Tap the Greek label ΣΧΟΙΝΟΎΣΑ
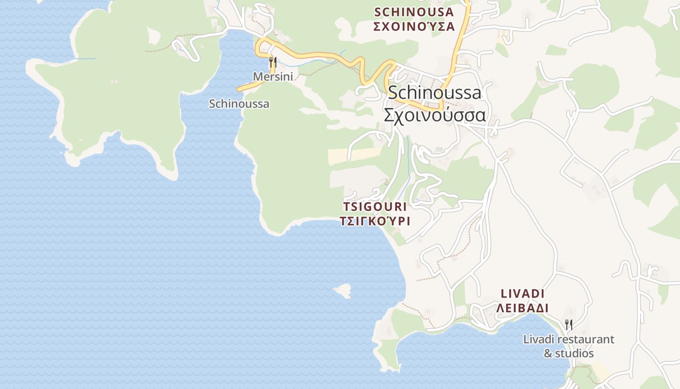point(414,26)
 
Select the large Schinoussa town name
point(435,92)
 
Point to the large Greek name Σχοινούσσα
point(435,115)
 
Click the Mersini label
point(272,77)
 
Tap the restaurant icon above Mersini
point(273,62)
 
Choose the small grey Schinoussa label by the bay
point(239,104)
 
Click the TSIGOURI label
point(374,207)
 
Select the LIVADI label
point(523,294)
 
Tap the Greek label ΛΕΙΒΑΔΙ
point(523,308)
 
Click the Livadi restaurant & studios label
point(569,346)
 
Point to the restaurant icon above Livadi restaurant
point(569,324)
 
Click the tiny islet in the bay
point(343,290)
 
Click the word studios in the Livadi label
point(576,354)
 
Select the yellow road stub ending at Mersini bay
point(248,88)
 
